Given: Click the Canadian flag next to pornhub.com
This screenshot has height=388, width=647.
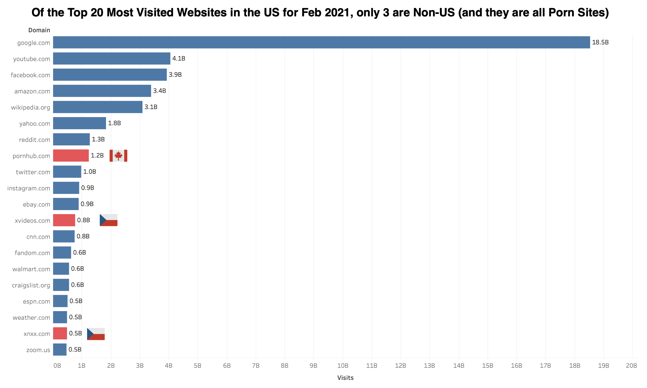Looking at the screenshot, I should tap(118, 156).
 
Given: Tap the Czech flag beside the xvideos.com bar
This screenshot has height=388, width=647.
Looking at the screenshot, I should tap(108, 220).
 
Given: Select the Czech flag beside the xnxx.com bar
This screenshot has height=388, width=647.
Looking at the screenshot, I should tap(96, 334).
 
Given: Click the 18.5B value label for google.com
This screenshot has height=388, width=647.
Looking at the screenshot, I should tap(600, 42).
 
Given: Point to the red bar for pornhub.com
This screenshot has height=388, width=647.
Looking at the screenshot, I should tap(71, 156).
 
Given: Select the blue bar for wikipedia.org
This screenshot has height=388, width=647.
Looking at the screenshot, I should tap(98, 107).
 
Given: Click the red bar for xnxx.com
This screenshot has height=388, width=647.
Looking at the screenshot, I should tap(60, 333).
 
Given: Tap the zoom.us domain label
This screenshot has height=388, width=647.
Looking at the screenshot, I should tap(38, 350).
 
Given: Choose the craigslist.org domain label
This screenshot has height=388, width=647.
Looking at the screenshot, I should tap(31, 285).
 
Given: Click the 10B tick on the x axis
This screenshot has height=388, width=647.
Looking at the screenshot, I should tap(343, 366).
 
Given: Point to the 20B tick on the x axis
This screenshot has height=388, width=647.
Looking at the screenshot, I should tap(631, 366).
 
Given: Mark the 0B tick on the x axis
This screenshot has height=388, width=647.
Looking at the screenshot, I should tap(57, 366).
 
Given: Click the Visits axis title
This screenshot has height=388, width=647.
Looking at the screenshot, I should tap(345, 378).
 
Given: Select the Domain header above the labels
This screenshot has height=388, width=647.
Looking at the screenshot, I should tap(39, 30).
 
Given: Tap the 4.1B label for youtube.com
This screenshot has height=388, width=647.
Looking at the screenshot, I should tap(179, 58).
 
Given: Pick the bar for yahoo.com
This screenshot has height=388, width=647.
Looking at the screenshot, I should tap(79, 123).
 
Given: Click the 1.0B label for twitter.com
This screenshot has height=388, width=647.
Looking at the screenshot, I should tap(90, 172).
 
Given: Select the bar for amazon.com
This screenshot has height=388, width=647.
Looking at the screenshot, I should tap(102, 91).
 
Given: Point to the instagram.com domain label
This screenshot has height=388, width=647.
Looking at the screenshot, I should tap(29, 188).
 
